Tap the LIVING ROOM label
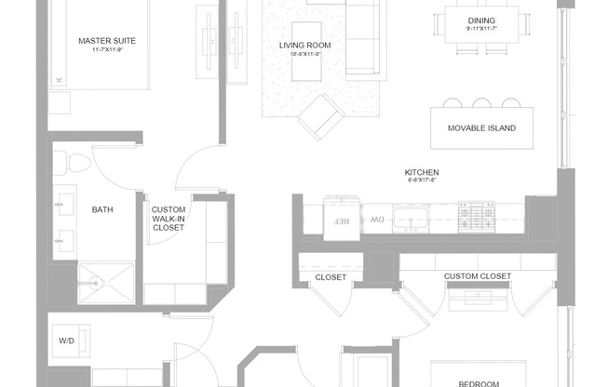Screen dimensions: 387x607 click(305, 45)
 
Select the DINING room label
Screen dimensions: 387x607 click(481, 20)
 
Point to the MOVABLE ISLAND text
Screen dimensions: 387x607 click(481, 128)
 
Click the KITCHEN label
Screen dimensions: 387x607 click(422, 173)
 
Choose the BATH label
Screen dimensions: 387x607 click(102, 210)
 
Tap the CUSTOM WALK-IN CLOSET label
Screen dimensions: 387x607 click(169, 219)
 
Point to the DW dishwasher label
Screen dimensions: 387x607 click(377, 220)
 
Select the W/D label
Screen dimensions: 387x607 click(67, 341)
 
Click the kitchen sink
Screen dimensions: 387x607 click(411, 220)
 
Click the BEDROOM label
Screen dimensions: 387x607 click(479, 382)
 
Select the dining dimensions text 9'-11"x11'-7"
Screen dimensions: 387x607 click(481, 30)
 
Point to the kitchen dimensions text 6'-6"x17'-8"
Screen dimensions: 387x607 click(422, 182)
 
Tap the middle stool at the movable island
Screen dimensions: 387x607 click(481, 103)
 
